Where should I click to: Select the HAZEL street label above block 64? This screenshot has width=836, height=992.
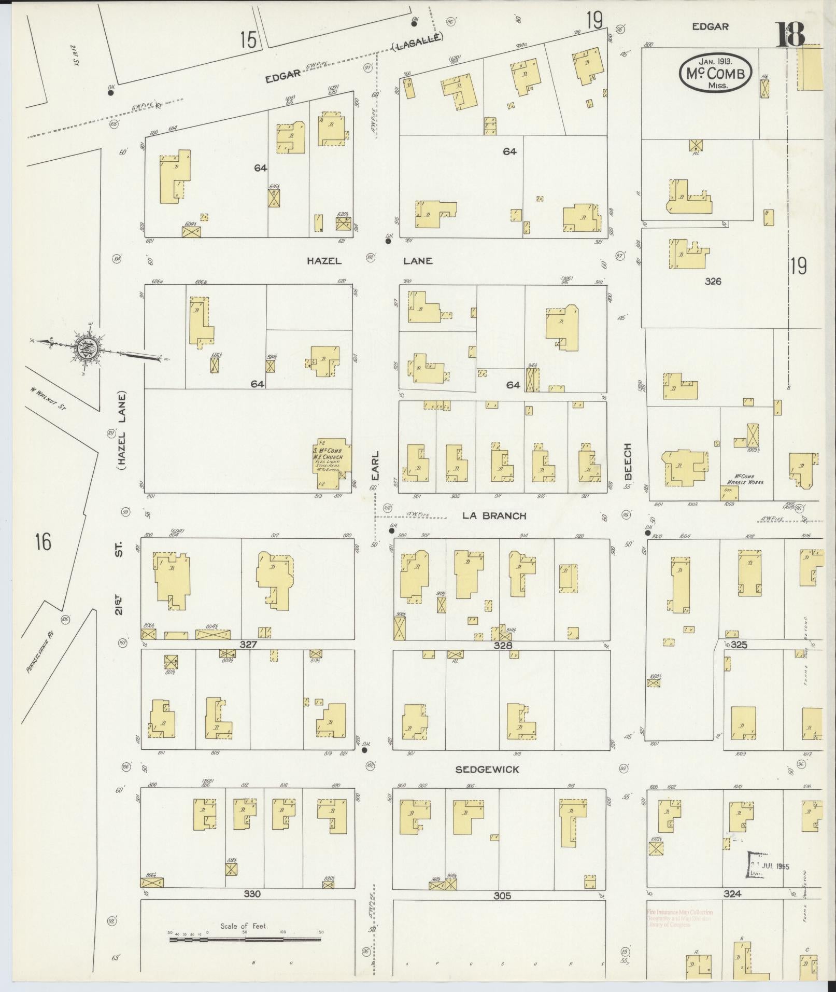pos(324,261)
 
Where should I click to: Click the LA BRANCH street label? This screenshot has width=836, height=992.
pos(494,515)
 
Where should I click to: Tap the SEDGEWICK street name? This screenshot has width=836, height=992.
pos(487,770)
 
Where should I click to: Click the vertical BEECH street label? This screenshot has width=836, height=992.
pos(628,462)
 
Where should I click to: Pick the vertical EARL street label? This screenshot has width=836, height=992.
pos(375,465)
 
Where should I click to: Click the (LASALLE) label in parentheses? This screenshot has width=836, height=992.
pos(417,42)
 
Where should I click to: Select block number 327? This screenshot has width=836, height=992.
pos(249,645)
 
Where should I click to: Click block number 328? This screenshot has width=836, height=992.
pos(502,645)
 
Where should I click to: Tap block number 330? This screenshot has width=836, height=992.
pos(252,894)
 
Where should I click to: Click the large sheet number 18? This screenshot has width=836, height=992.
pos(790,34)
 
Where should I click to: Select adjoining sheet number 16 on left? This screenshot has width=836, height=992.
pos(43,542)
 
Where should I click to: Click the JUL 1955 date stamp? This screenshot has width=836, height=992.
pos(770,867)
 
